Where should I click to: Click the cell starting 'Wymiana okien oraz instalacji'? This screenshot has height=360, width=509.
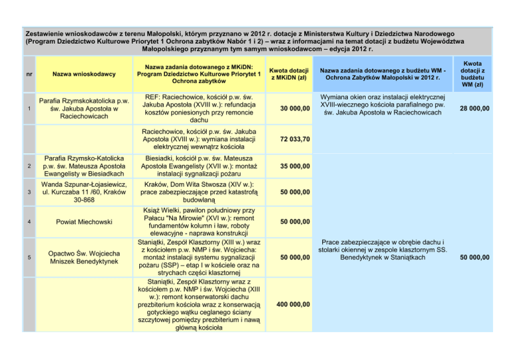(388, 104)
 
